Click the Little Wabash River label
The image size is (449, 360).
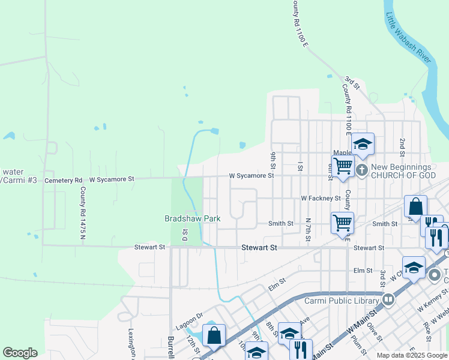point(409,38)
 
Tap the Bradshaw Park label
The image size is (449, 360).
point(193,218)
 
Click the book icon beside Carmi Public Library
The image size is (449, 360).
point(388,298)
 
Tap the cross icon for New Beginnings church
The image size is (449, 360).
point(361,170)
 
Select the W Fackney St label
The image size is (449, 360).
point(321,197)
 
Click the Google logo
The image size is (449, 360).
point(20,353)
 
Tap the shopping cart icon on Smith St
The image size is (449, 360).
point(342,223)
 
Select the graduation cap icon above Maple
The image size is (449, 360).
point(363,144)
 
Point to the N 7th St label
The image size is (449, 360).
point(307,230)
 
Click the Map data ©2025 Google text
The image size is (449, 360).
point(412,355)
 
